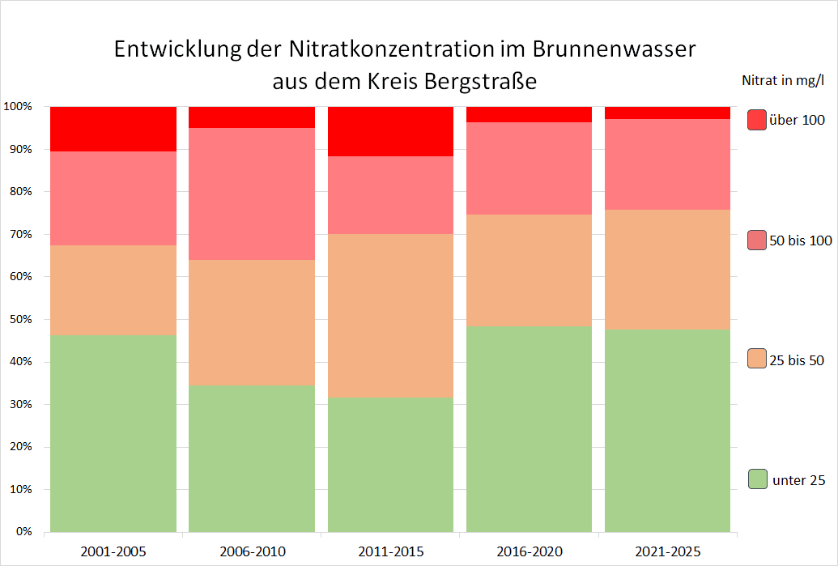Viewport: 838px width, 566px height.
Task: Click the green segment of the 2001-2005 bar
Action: point(113,433)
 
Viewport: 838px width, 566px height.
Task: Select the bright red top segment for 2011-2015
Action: point(391,130)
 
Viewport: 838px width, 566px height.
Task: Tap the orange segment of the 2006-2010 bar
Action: point(252,322)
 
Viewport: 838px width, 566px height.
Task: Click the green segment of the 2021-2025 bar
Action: point(668,431)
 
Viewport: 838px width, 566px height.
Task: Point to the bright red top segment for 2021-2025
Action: point(668,113)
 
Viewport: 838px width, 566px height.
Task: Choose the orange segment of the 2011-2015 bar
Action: point(391,316)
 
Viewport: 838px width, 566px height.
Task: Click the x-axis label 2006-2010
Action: point(252,552)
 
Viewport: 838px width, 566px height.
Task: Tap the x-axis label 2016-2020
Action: point(530,552)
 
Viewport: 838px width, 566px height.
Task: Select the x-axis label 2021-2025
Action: point(668,552)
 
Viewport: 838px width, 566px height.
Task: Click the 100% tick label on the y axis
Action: point(17,107)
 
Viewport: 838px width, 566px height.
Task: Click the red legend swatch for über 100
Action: point(757,120)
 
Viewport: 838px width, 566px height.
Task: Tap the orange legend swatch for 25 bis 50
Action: point(757,359)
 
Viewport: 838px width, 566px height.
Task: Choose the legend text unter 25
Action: point(799,480)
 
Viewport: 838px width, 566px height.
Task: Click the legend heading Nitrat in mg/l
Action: point(783,80)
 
